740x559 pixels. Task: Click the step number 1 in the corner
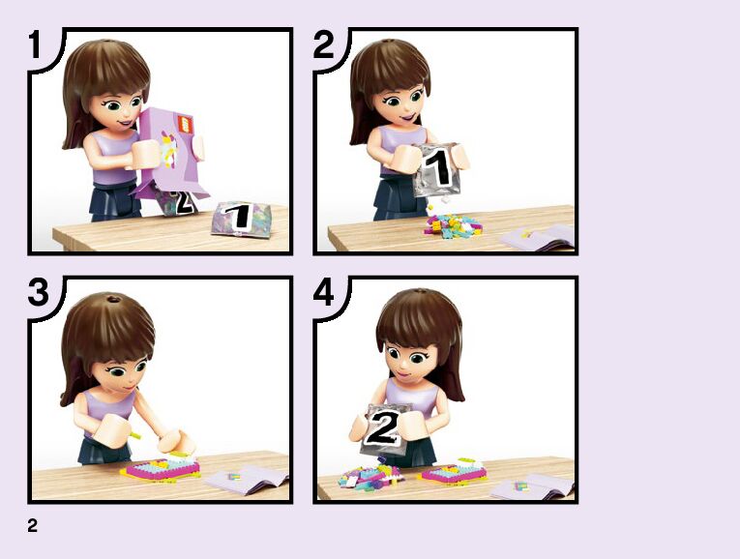pos(35,44)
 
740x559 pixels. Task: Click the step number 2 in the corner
pos(323,44)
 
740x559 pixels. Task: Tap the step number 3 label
pos(38,291)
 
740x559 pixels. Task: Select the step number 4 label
pos(324,291)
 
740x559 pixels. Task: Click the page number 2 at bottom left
pos(32,525)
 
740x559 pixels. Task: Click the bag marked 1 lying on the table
pos(242,219)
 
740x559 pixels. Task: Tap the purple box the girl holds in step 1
pos(173,152)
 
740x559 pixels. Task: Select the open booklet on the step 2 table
pos(538,237)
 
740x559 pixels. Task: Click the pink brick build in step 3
pos(162,468)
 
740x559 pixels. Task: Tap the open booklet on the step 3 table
pos(247,479)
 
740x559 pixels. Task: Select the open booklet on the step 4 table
pos(532,487)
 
